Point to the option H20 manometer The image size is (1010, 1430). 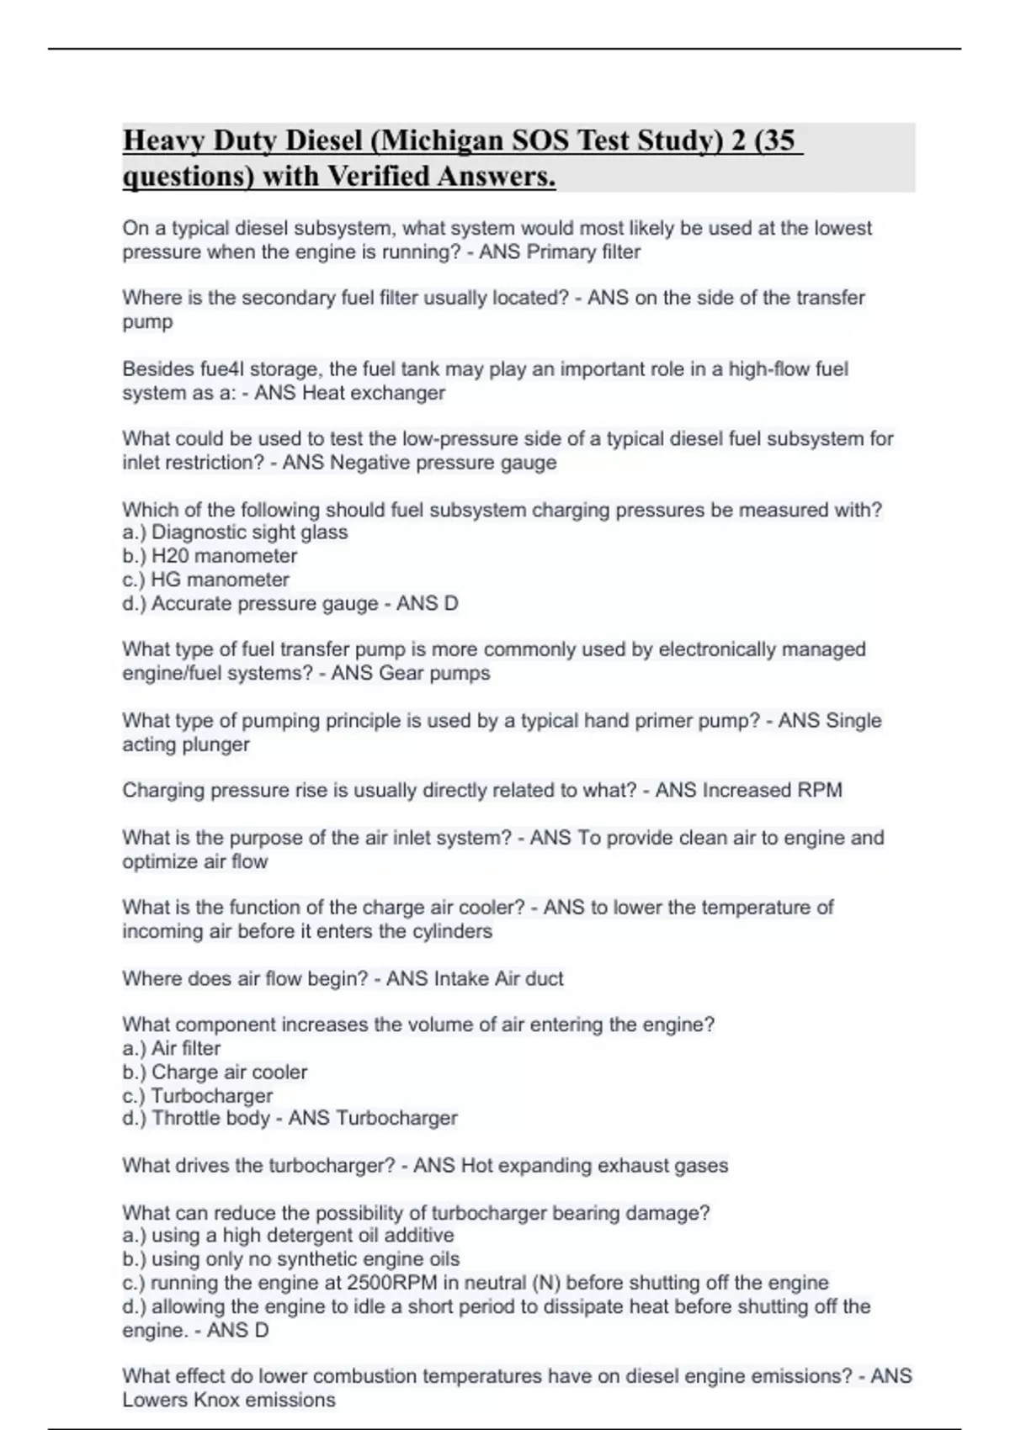[x=224, y=556]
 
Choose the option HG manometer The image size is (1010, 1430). [x=220, y=580]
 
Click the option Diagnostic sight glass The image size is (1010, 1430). [x=249, y=532]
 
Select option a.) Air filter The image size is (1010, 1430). [x=172, y=1049]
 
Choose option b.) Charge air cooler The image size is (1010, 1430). [x=215, y=1072]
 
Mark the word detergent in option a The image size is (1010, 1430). [x=295, y=1236]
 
